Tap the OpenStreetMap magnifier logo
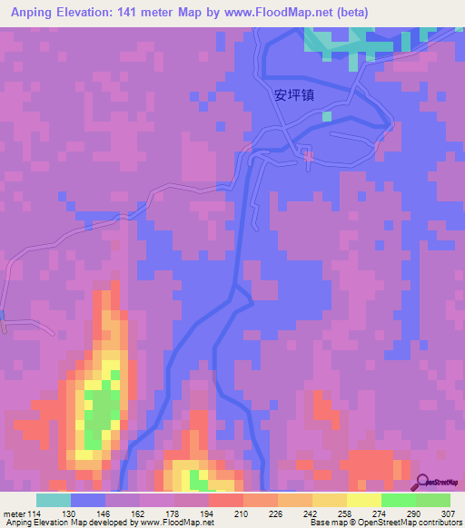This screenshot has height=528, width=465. pyautogui.click(x=423, y=482)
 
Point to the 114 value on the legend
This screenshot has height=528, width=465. pyautogui.click(x=35, y=513)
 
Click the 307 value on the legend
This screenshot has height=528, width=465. pyautogui.click(x=449, y=513)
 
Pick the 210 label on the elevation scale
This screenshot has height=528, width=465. pyautogui.click(x=242, y=513)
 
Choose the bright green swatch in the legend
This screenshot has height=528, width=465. pyautogui.click(x=398, y=500)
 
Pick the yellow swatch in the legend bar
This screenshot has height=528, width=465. pyautogui.click(x=363, y=500)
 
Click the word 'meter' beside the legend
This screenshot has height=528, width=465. pyautogui.click(x=15, y=513)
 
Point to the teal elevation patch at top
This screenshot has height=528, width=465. pyautogui.click(x=336, y=41)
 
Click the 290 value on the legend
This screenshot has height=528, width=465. pyautogui.click(x=415, y=513)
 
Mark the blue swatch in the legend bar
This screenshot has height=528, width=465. pyautogui.click(x=87, y=500)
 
